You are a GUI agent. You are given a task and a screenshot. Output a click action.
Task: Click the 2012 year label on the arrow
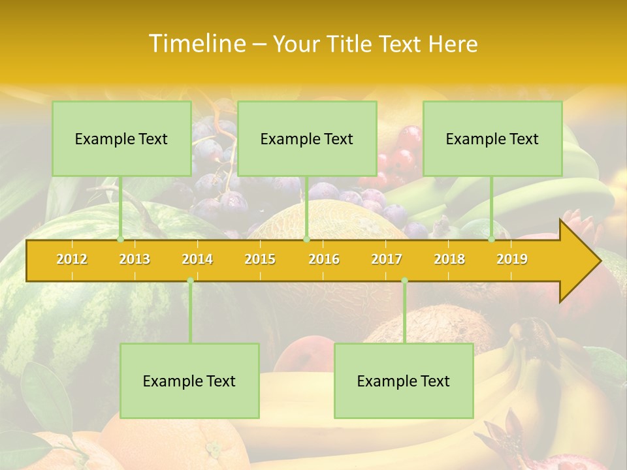[72, 259]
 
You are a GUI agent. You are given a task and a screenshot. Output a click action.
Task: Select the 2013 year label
[135, 259]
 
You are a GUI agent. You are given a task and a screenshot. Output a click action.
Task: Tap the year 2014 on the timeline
[197, 259]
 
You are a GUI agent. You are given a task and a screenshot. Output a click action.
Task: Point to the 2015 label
[260, 259]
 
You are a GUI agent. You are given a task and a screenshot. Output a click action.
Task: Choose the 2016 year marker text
[324, 259]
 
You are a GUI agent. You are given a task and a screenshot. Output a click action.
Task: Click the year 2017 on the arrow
[387, 259]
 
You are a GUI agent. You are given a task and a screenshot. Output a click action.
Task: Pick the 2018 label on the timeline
[449, 259]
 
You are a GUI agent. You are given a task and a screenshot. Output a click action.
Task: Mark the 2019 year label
[512, 259]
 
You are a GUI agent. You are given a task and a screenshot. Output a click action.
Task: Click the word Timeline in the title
[196, 44]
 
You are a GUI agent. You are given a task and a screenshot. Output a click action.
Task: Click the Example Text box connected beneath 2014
[189, 381]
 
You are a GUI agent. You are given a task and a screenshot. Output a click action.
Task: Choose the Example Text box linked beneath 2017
[404, 381]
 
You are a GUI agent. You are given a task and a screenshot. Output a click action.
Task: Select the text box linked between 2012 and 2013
[121, 138]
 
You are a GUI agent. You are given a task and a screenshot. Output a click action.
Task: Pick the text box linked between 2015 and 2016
[307, 138]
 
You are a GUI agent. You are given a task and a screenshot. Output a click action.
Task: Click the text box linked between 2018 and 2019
[492, 138]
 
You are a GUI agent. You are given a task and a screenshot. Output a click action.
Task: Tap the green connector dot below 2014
[190, 280]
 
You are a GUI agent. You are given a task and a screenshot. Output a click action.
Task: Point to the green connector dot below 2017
[404, 280]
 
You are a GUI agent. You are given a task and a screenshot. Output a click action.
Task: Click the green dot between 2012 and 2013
[120, 240]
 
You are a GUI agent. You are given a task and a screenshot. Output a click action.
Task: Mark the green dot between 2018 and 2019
[491, 240]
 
